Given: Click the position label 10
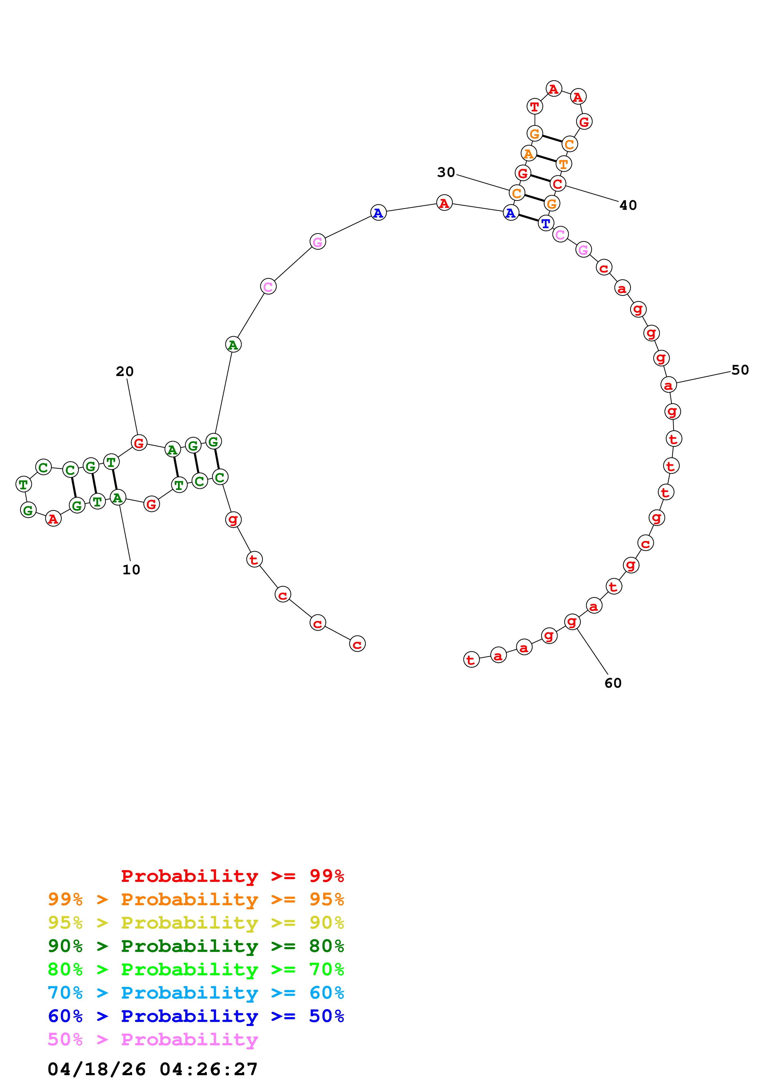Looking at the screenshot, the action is coord(131,570).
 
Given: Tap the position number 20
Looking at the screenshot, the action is coord(125,371).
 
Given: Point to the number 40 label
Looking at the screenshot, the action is coord(628,205).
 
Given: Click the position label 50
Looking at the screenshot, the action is coord(740,370).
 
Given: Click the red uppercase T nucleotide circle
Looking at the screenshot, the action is coord(535,106).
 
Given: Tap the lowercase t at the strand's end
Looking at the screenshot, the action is coord(471,660).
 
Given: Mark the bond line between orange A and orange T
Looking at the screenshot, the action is coord(546,158).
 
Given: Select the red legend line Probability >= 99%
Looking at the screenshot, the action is coord(232,876).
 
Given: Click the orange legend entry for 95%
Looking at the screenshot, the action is coord(196,899).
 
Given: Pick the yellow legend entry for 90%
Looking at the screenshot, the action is coord(196,922).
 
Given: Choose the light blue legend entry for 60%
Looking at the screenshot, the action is coord(196,993).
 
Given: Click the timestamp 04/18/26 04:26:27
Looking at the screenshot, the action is coord(153,1069).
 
